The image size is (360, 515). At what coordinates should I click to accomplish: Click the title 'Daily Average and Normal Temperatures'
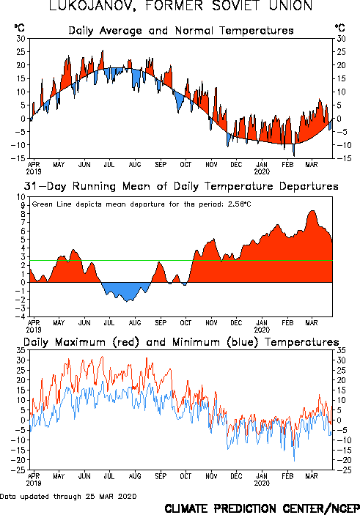click(181, 31)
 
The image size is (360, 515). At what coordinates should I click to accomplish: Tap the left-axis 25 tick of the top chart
click(21, 52)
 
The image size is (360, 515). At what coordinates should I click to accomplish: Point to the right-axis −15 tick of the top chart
click(340, 158)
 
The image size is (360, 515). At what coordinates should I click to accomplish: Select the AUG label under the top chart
click(135, 165)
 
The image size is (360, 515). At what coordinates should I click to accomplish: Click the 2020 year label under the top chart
click(262, 171)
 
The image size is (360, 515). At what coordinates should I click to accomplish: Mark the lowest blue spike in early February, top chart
click(294, 155)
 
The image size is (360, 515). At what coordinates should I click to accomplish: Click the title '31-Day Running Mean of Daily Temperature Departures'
click(181, 187)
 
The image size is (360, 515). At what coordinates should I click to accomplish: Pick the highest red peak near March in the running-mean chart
click(312, 211)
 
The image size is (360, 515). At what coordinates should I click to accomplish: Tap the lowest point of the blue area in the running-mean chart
click(127, 301)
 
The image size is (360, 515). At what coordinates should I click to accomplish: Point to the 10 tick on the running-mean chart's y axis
click(21, 197)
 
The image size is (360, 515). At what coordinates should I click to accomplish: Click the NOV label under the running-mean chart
click(211, 323)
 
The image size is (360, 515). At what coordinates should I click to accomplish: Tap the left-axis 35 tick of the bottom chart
click(21, 350)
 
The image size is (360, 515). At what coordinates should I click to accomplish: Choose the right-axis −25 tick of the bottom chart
click(340, 470)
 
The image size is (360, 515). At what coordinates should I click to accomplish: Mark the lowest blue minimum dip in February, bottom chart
click(294, 461)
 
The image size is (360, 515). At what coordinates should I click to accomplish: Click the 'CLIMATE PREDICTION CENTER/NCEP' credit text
click(262, 508)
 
